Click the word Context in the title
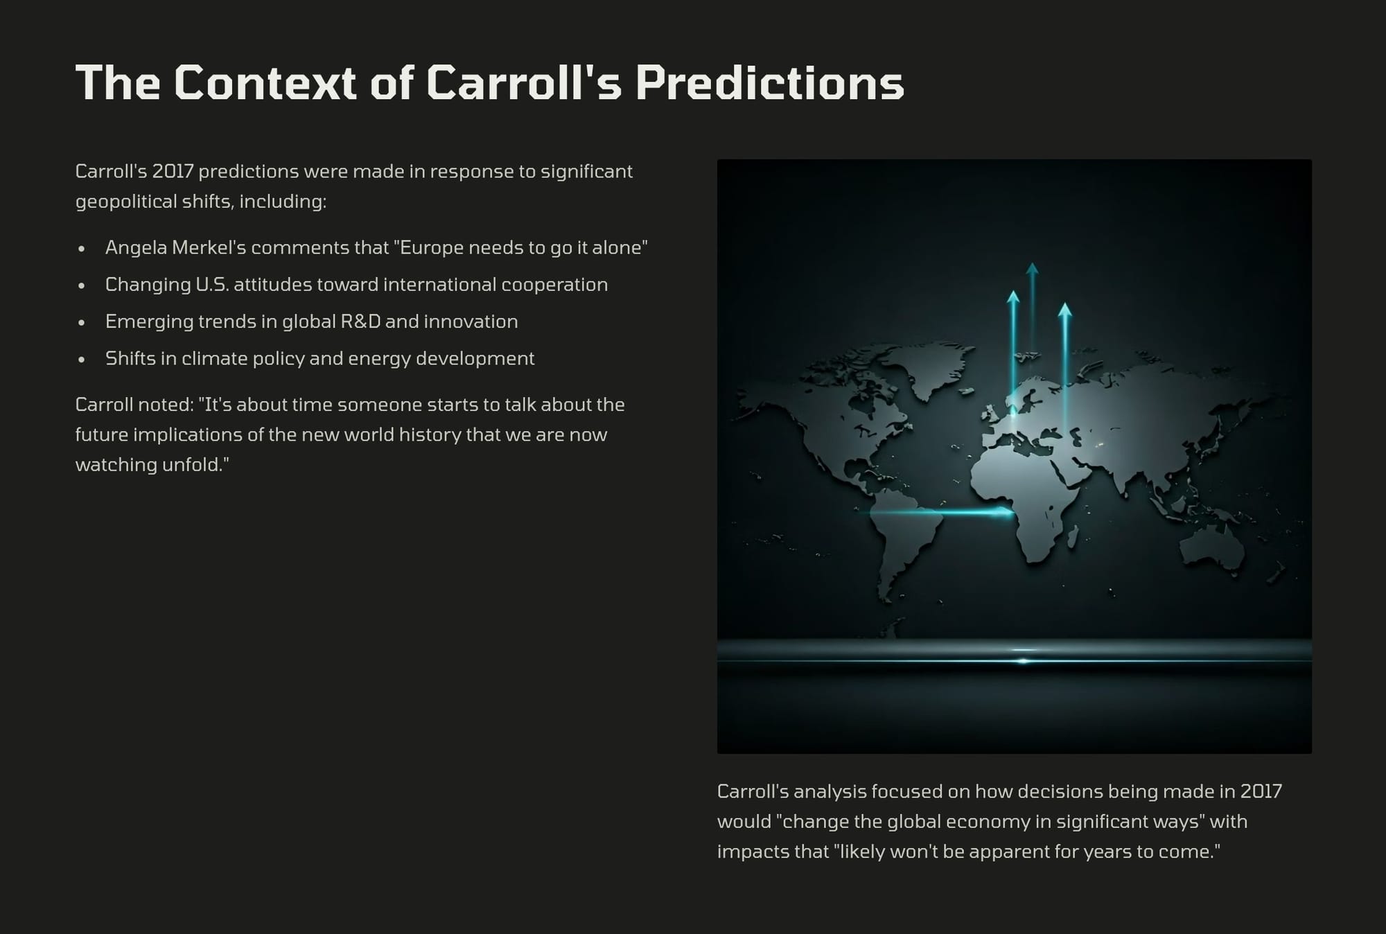click(265, 83)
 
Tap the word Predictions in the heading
click(770, 83)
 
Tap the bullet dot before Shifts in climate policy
click(82, 360)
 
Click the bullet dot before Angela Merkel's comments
click(82, 249)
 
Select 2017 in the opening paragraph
click(173, 171)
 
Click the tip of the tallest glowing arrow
click(1032, 263)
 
